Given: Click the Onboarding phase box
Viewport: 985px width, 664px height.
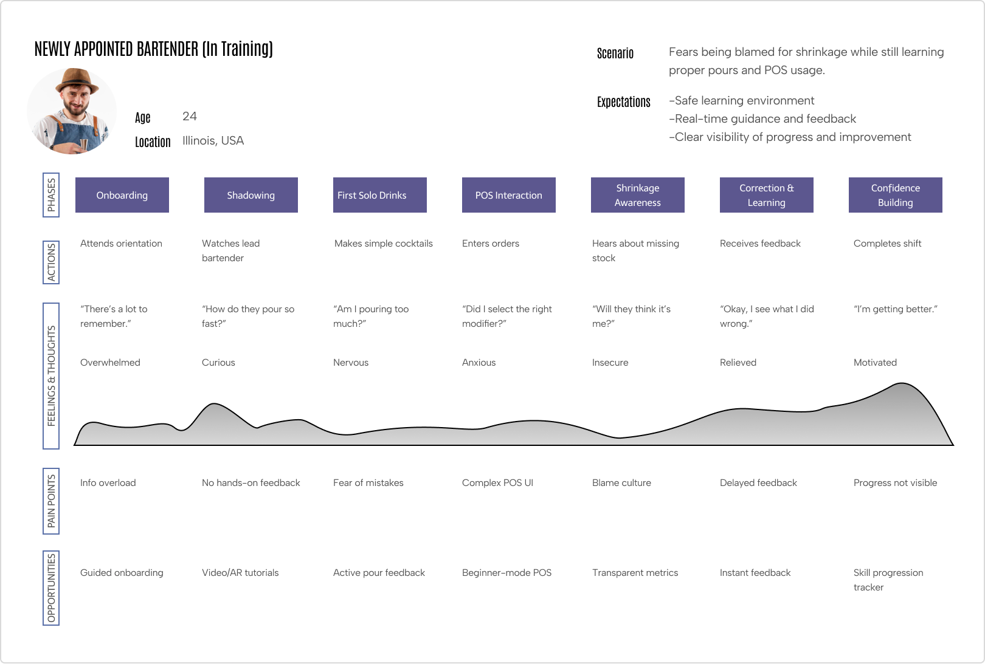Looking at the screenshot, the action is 122,195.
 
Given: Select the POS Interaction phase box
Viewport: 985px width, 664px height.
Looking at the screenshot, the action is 509,195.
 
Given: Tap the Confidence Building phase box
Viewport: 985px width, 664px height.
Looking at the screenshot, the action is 895,195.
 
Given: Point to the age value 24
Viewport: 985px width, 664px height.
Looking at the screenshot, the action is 190,117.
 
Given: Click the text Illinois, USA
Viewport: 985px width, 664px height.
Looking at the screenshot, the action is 213,140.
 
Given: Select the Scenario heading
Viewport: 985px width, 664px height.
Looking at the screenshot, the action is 615,53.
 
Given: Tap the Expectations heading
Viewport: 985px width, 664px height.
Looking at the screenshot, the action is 624,102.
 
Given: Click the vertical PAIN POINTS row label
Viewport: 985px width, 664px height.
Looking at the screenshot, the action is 51,501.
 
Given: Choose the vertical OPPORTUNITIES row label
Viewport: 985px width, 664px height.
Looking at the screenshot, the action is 51,588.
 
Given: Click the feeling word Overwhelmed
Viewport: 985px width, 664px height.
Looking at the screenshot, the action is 111,363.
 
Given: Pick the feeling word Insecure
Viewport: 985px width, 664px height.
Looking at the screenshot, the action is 610,363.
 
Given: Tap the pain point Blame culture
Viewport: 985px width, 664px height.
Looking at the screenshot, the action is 622,483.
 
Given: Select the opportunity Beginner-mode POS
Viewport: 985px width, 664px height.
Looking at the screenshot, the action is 506,573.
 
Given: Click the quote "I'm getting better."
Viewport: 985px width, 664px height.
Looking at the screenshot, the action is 896,309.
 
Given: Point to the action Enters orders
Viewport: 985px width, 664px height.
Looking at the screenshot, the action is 491,244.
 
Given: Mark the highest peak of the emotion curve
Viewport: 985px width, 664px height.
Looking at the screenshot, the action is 902,383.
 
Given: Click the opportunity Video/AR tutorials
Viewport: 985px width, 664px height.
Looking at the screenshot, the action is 240,573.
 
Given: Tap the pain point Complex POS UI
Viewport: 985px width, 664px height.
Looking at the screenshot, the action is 498,483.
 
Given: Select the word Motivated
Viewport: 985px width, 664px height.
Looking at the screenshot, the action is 875,363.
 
